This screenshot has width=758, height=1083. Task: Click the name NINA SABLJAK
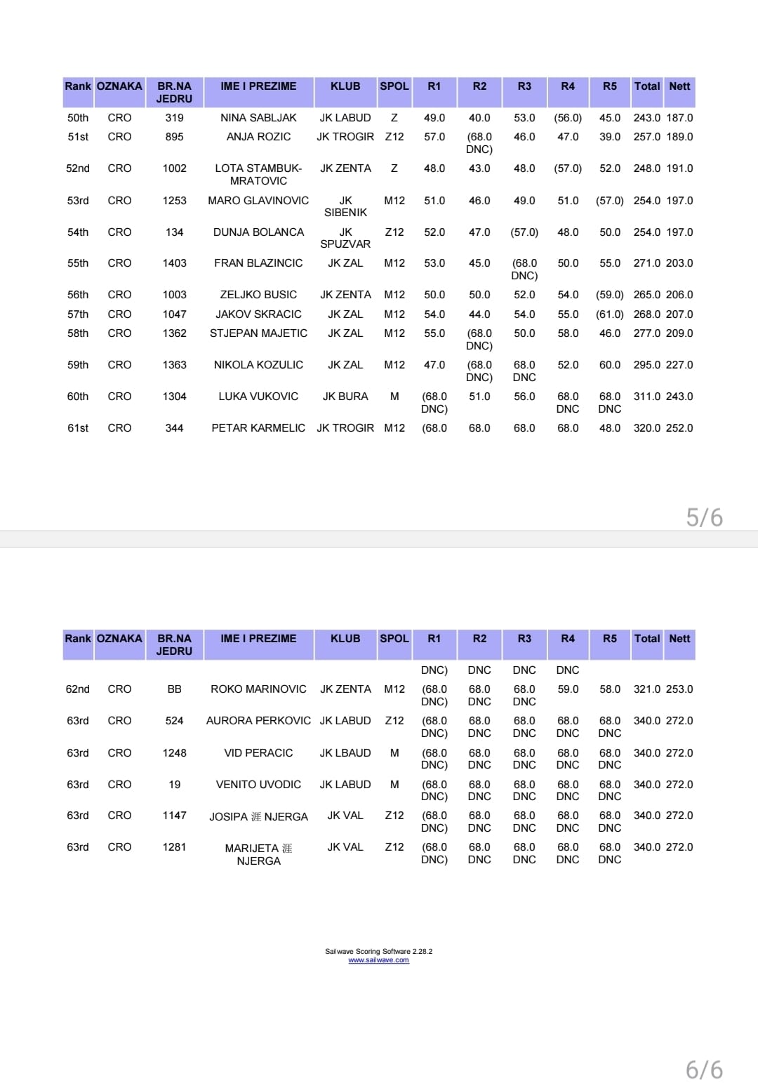pyautogui.click(x=258, y=118)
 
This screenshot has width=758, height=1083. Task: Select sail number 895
pyautogui.click(x=174, y=137)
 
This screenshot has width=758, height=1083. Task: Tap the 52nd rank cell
pyautogui.click(x=78, y=168)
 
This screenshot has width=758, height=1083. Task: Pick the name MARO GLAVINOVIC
pyautogui.click(x=258, y=201)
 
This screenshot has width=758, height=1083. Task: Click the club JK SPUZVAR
pyautogui.click(x=345, y=238)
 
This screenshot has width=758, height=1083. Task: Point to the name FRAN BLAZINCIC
pyautogui.click(x=258, y=263)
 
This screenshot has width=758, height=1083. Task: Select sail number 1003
pyautogui.click(x=174, y=295)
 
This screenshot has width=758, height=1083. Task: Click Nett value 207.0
pyautogui.click(x=679, y=314)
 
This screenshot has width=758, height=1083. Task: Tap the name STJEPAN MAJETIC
pyautogui.click(x=258, y=333)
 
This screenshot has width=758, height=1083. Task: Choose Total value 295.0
pyautogui.click(x=646, y=365)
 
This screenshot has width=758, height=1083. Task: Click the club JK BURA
pyautogui.click(x=345, y=397)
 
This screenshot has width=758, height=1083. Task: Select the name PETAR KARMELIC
pyautogui.click(x=258, y=428)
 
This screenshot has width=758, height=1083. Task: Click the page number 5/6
pyautogui.click(x=704, y=517)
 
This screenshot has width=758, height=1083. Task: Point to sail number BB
pyautogui.click(x=174, y=689)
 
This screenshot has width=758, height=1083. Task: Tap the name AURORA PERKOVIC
pyautogui.click(x=258, y=721)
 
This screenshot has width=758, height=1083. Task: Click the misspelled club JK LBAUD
pyautogui.click(x=345, y=753)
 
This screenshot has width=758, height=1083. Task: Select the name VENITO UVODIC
pyautogui.click(x=258, y=785)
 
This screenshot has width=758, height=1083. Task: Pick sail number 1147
pyautogui.click(x=174, y=816)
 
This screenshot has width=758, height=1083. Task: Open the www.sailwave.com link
pyautogui.click(x=378, y=960)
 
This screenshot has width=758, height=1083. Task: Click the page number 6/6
pyautogui.click(x=704, y=1070)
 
